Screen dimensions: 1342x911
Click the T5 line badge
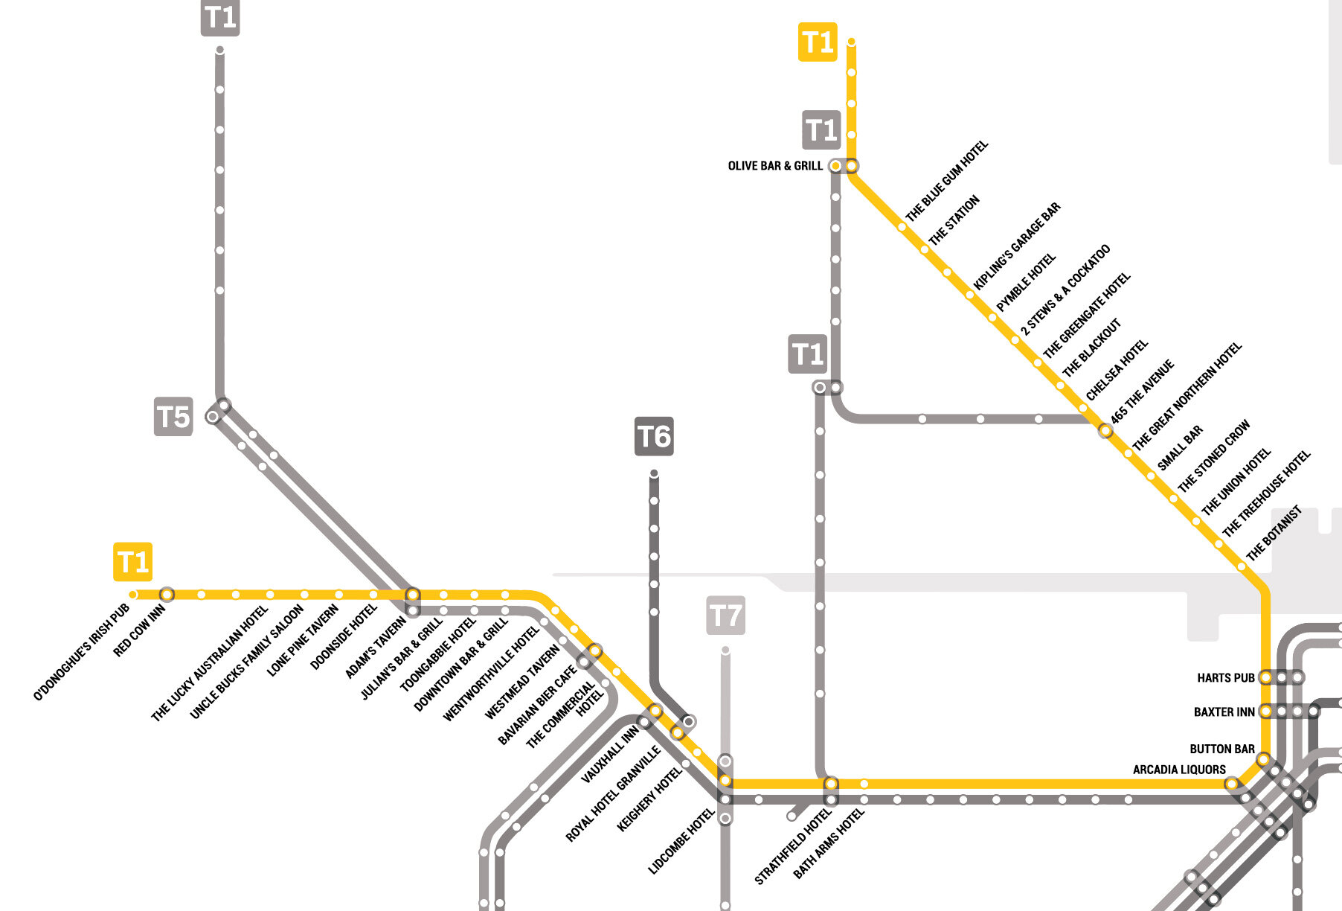pyautogui.click(x=173, y=416)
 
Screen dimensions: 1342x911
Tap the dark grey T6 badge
pyautogui.click(x=654, y=436)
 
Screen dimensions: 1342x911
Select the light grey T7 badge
pyautogui.click(x=725, y=616)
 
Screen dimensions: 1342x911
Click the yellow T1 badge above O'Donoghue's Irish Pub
pyautogui.click(x=133, y=562)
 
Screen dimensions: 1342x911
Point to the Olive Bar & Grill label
pyautogui.click(x=774, y=166)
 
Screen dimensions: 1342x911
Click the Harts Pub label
pyautogui.click(x=1225, y=678)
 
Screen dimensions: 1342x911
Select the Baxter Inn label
pyautogui.click(x=1224, y=712)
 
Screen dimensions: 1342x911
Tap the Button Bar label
pyautogui.click(x=1221, y=749)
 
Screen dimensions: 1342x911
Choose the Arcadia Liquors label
pyautogui.click(x=1179, y=770)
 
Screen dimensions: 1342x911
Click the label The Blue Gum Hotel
pyautogui.click(x=946, y=181)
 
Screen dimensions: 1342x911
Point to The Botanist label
pyautogui.click(x=1274, y=533)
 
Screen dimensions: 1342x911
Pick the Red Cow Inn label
pyautogui.click(x=139, y=631)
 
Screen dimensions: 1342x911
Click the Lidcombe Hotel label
pyautogui.click(x=681, y=841)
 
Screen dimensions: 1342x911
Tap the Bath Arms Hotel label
pyautogui.click(x=829, y=843)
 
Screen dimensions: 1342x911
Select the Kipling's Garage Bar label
pyautogui.click(x=1017, y=246)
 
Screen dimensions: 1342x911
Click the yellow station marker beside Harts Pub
pyautogui.click(x=1265, y=677)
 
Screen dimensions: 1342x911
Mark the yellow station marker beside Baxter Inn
pyautogui.click(x=1265, y=712)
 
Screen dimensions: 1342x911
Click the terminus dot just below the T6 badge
pyautogui.click(x=654, y=473)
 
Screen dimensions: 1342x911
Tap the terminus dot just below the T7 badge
pyautogui.click(x=725, y=651)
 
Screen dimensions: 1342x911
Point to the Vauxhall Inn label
pyautogui.click(x=609, y=755)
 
